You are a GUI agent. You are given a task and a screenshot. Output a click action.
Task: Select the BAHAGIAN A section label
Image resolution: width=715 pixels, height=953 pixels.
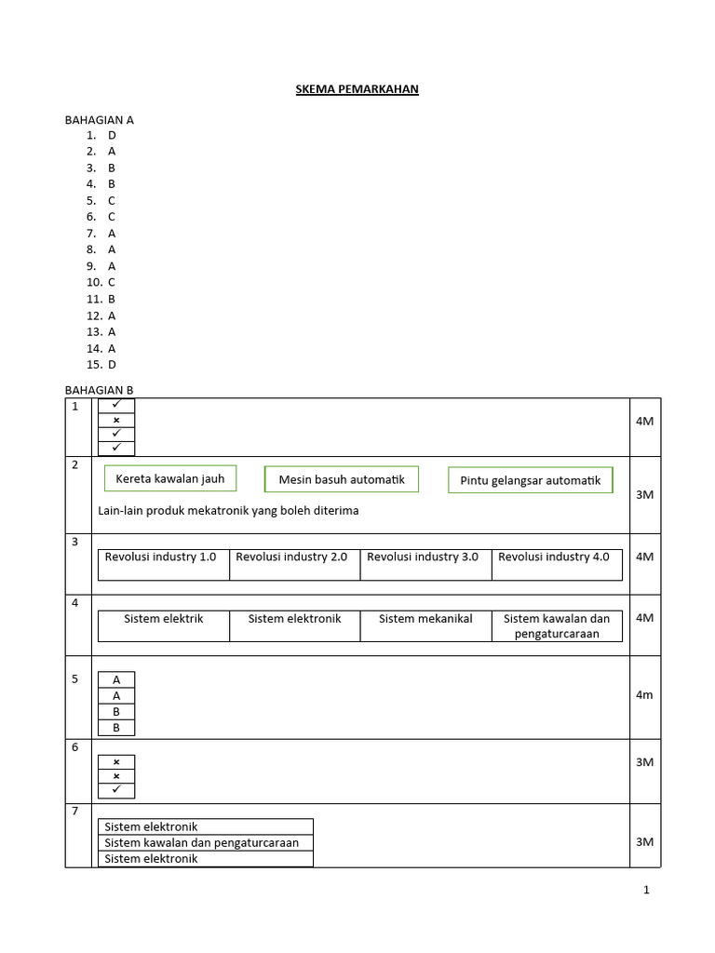[x=99, y=120]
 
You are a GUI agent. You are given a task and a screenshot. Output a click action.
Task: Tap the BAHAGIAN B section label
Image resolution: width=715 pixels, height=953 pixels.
[x=99, y=390]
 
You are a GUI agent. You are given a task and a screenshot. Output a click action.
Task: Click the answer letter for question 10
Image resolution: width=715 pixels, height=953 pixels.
[x=112, y=282]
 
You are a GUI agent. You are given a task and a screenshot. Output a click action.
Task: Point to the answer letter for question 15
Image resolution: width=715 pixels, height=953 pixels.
[x=112, y=365]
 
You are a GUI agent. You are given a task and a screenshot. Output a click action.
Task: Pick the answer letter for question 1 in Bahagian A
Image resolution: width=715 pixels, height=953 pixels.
[x=112, y=135]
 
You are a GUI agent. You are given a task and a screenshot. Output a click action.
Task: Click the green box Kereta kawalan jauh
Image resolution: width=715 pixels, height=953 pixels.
[x=170, y=478]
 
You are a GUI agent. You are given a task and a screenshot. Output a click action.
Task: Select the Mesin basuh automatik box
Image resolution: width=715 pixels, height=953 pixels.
[x=342, y=479]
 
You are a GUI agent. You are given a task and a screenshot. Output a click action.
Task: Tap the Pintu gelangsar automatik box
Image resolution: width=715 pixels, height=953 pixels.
[x=531, y=480]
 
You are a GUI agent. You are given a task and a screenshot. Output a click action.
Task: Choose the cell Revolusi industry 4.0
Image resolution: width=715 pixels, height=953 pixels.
[x=554, y=557]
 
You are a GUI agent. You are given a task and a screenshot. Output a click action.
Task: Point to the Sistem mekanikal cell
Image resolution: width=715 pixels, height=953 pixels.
[x=425, y=619]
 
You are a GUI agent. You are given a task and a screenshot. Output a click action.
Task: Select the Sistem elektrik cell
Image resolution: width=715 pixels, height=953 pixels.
[x=163, y=619]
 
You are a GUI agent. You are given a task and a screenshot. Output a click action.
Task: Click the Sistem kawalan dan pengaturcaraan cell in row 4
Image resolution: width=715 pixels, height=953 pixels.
[x=557, y=626]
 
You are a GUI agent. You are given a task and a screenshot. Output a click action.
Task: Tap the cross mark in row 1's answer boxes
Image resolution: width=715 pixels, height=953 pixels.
[x=116, y=420]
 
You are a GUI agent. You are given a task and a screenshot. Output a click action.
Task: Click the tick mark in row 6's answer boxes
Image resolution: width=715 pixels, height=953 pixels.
[x=116, y=790]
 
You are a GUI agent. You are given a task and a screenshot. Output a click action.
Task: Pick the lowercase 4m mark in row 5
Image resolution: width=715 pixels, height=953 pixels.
[x=644, y=695]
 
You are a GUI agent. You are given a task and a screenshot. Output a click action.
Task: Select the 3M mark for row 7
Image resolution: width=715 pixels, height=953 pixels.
[x=644, y=842]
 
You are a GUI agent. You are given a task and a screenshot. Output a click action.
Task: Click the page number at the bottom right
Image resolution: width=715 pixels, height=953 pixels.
[x=646, y=891]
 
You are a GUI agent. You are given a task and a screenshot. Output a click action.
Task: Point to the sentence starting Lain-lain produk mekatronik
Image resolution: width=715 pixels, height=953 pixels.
[x=228, y=511]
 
